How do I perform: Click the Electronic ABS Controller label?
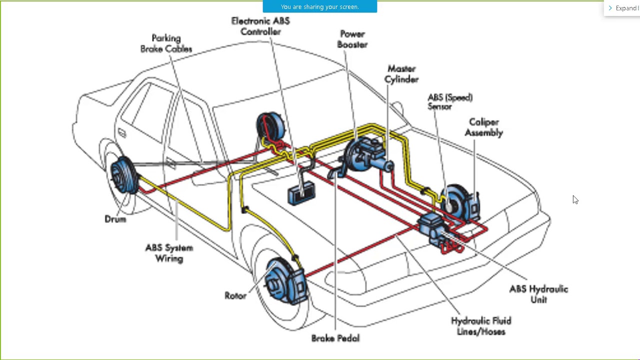tap(260, 26)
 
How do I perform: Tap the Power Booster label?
tap(352, 39)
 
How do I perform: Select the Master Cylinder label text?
tap(401, 74)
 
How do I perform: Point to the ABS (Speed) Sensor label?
tap(449, 101)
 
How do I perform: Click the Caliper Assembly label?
tap(483, 127)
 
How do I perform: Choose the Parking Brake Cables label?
tap(166, 43)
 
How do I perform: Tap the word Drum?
tap(115, 219)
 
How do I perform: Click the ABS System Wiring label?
tap(169, 253)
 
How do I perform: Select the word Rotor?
tap(235, 295)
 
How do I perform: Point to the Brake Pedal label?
tap(335, 338)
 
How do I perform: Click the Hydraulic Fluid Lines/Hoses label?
tap(480, 326)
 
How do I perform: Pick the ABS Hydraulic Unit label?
tap(538, 294)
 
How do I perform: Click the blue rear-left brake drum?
tap(123, 175)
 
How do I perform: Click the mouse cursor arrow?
tap(575, 199)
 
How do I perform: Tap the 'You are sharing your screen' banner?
tap(319, 6)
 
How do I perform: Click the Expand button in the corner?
tap(623, 8)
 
